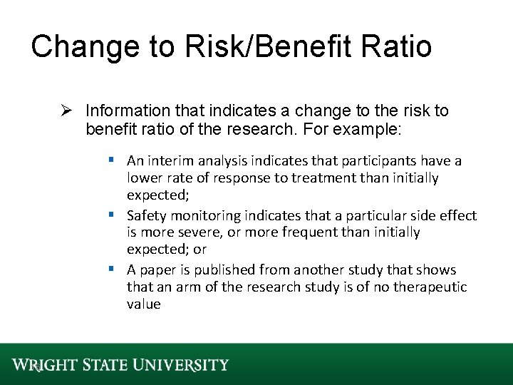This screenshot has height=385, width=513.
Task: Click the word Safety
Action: click(146, 215)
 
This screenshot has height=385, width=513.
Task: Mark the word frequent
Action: click(318, 232)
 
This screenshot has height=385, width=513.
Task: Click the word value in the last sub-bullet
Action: click(144, 304)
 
